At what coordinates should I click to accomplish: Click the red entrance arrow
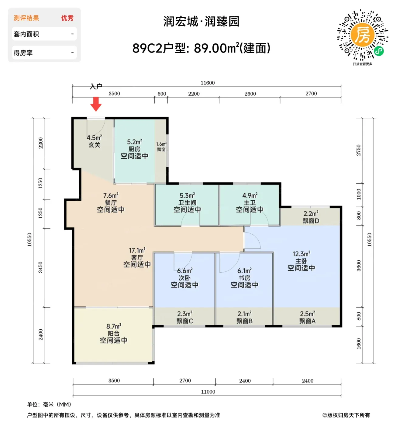pyautogui.click(x=96, y=104)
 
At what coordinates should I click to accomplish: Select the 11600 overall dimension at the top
pyautogui.click(x=208, y=83)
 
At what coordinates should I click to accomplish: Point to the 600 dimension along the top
pyautogui.click(x=162, y=93)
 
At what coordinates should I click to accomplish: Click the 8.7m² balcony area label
pyautogui.click(x=114, y=326)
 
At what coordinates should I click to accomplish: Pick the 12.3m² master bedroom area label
pyautogui.click(x=301, y=253)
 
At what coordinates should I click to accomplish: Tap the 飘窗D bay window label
pyautogui.click(x=311, y=221)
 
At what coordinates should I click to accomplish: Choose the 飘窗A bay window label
pyautogui.click(x=308, y=321)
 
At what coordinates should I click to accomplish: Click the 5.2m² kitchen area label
pyautogui.click(x=134, y=142)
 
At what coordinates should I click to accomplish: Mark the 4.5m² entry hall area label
pyautogui.click(x=94, y=138)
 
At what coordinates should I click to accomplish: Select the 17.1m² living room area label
pyautogui.click(x=137, y=250)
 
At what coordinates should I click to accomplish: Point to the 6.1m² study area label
pyautogui.click(x=244, y=270)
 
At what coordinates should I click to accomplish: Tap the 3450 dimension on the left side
pyautogui.click(x=40, y=267)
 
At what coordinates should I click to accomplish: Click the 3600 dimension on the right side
pyautogui.click(x=359, y=266)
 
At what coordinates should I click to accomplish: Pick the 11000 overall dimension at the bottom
pyautogui.click(x=208, y=392)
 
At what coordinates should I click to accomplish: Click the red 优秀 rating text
pyautogui.click(x=67, y=18)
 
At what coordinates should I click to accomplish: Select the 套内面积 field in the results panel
pyautogui.click(x=26, y=34)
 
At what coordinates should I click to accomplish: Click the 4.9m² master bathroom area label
pyautogui.click(x=250, y=195)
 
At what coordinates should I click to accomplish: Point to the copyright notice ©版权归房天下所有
pyautogui.click(x=346, y=415)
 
